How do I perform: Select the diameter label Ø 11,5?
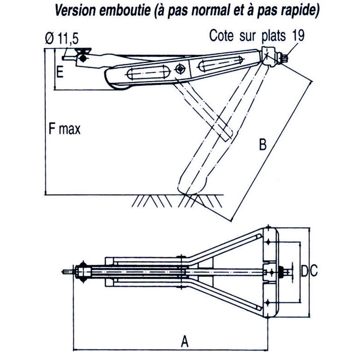[58, 40]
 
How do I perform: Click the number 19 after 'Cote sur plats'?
[298, 36]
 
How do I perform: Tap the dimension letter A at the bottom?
[184, 342]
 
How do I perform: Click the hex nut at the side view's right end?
[283, 59]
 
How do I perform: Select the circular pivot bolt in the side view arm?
[181, 69]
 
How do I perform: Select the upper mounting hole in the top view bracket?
[268, 243]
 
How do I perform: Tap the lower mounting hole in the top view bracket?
[268, 301]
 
